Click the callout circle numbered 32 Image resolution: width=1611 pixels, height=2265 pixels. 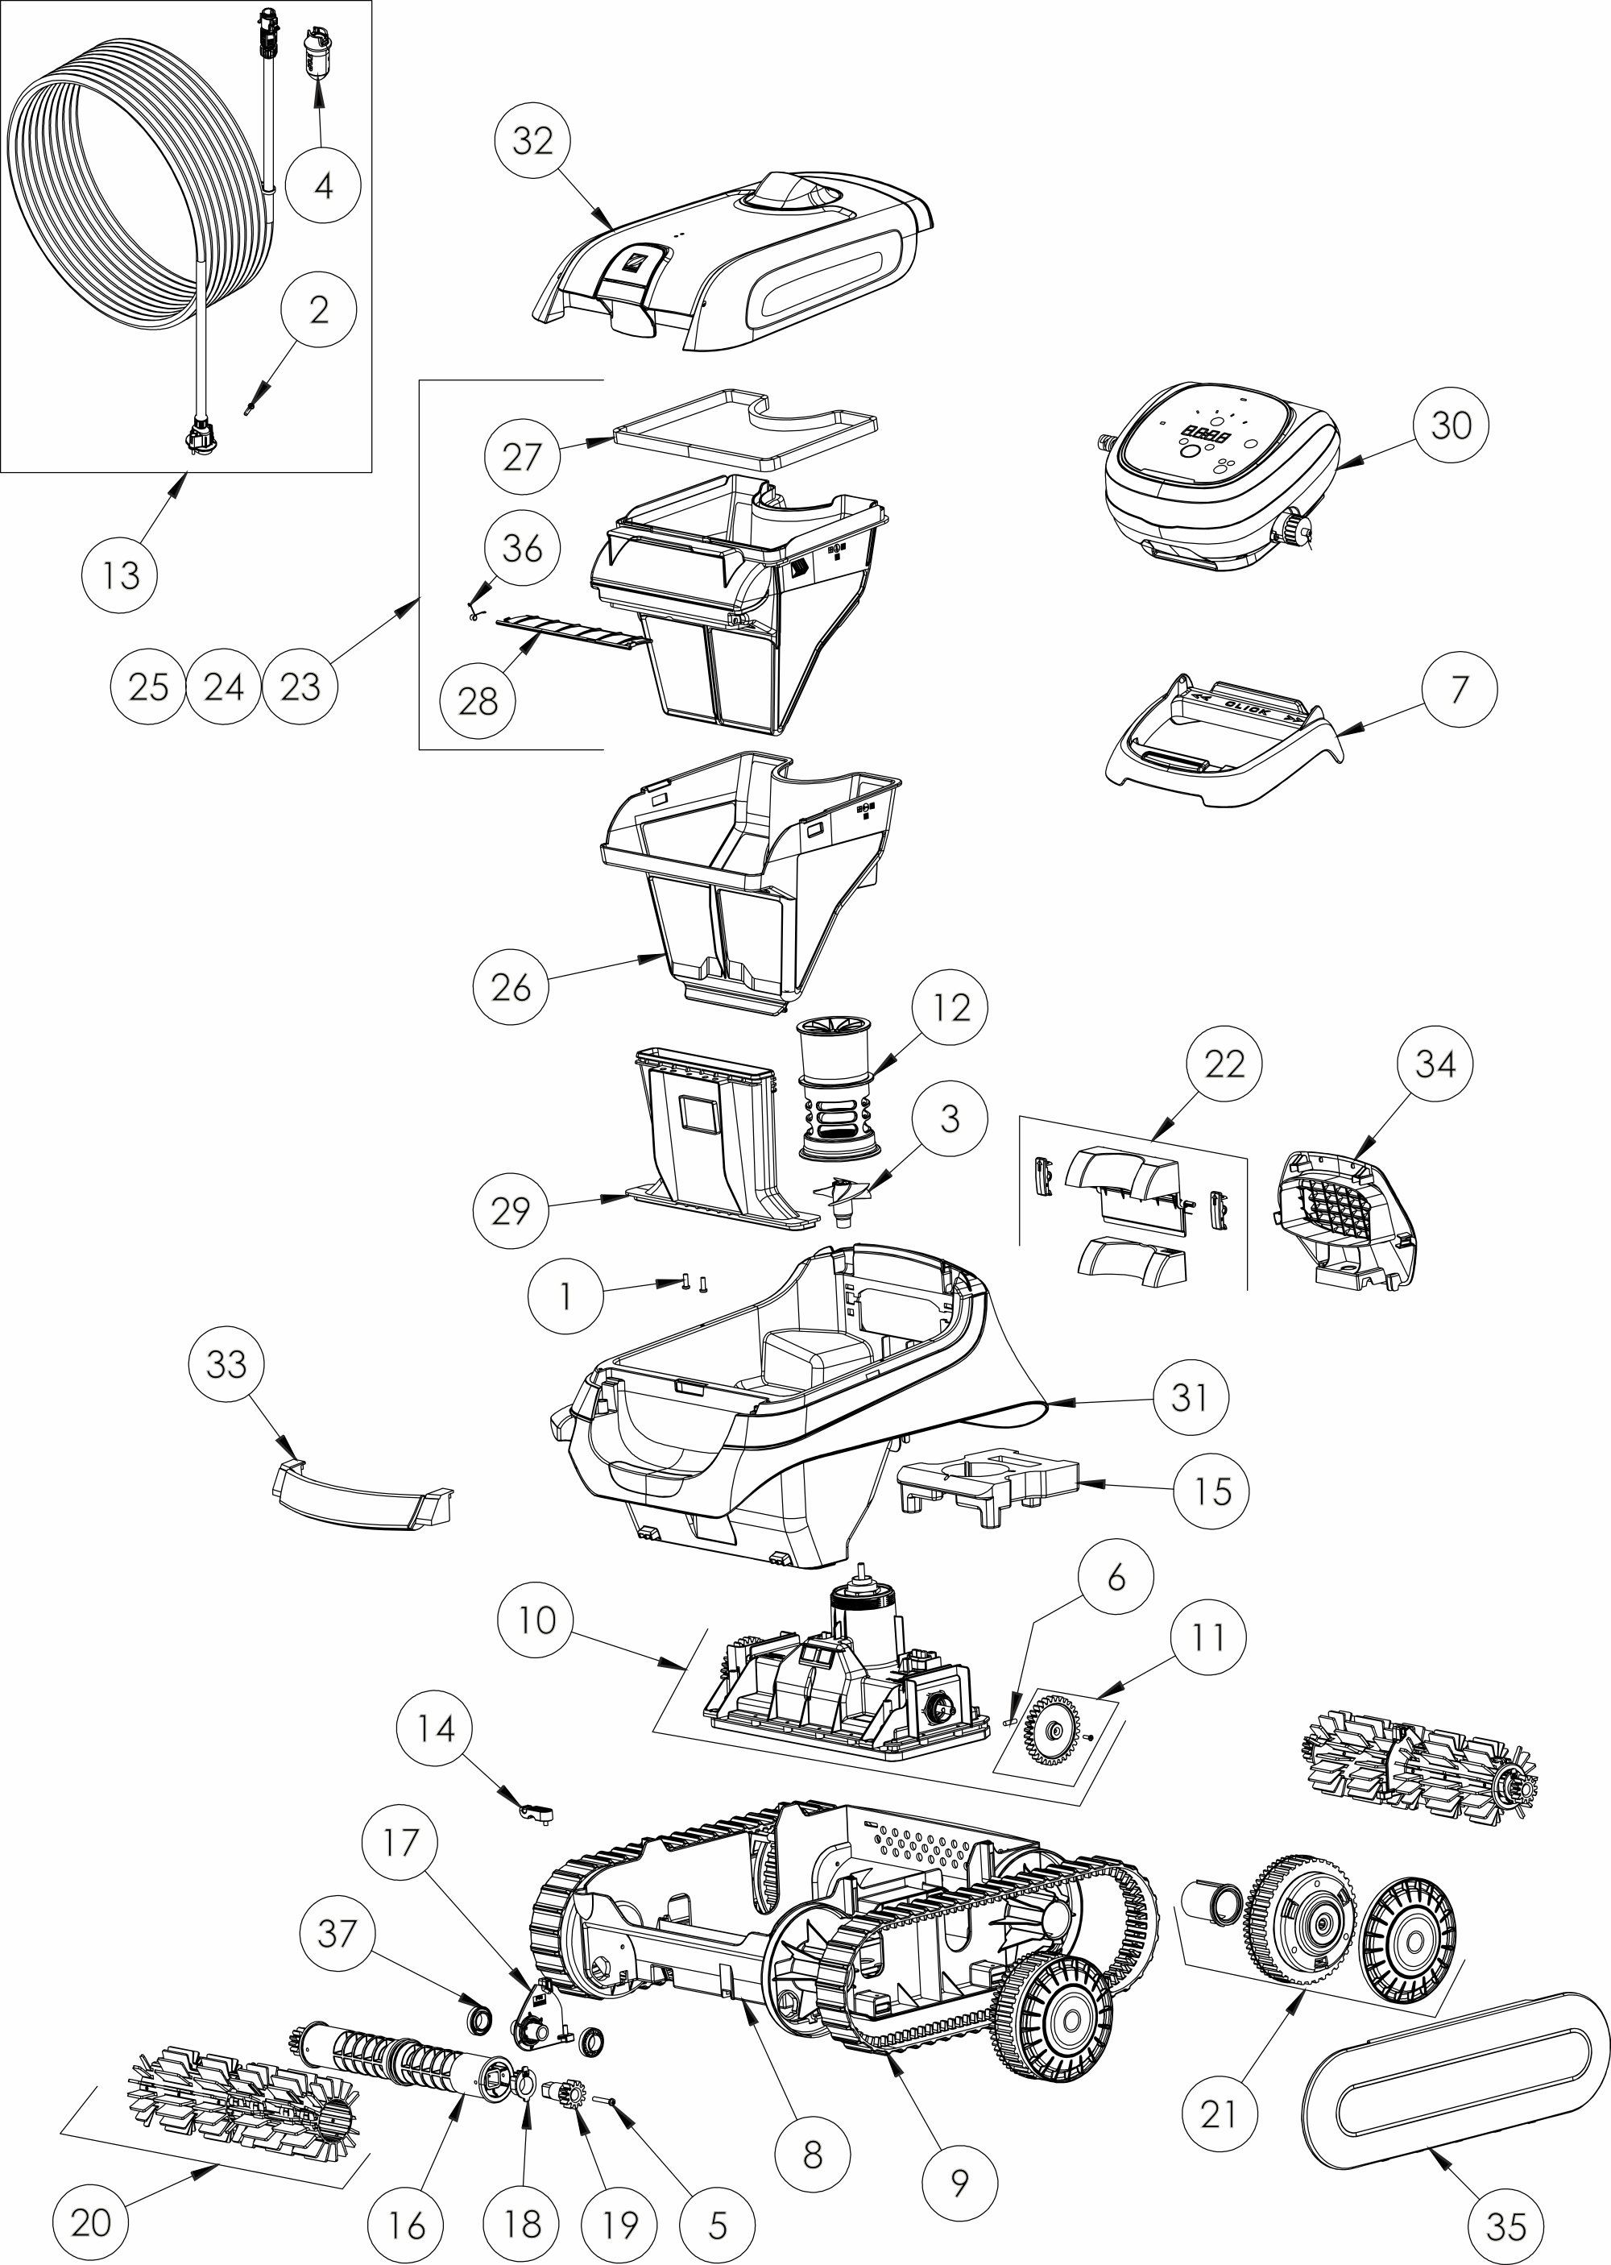532,141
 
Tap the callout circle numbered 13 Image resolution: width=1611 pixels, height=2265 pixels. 120,575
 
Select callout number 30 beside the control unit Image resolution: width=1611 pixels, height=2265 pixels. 1450,425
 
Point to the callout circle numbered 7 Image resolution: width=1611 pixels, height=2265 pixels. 1458,690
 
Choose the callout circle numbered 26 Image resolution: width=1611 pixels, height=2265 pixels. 510,987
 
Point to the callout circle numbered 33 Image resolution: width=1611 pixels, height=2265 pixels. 226,1364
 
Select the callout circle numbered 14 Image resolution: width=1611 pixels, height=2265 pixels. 434,1729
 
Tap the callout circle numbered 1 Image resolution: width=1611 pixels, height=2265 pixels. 565,1296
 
